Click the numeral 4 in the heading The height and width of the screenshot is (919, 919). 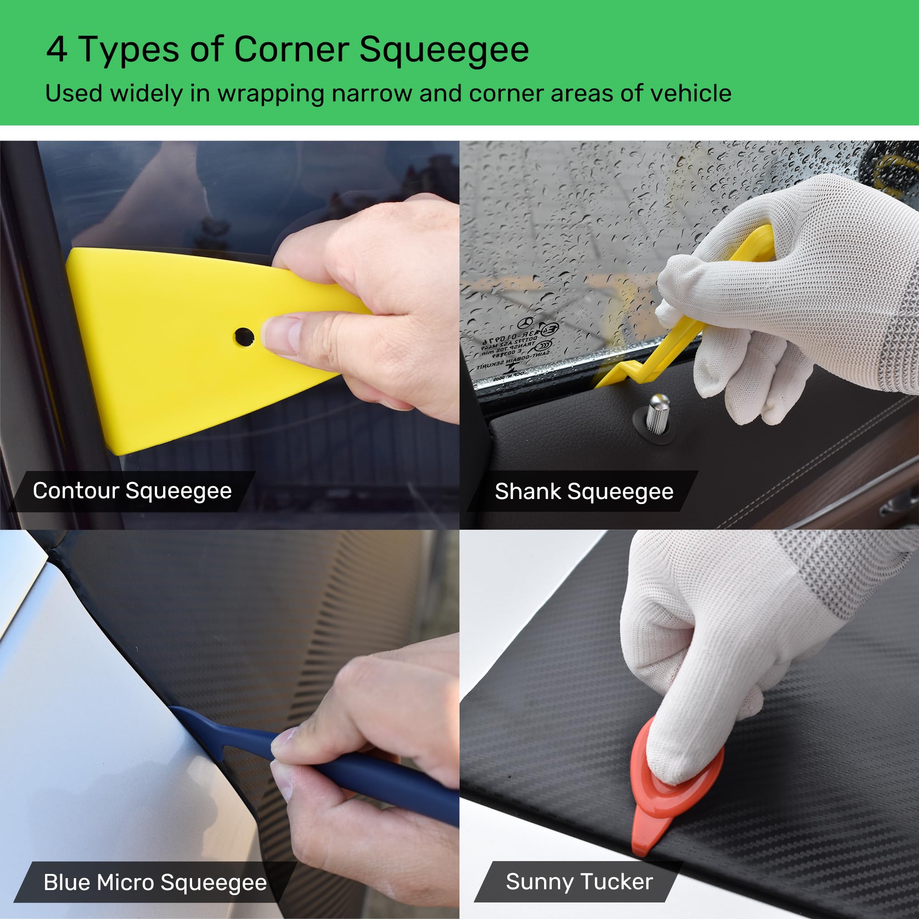[x=57, y=50]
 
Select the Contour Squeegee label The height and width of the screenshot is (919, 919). [x=132, y=491]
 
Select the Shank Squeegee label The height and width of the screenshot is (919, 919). [x=584, y=492]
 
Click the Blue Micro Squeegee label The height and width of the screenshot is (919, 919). [x=155, y=882]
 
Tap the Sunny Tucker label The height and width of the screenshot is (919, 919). [x=579, y=881]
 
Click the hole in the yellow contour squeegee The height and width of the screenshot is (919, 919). [x=244, y=337]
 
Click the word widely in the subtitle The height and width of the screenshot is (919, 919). [x=146, y=93]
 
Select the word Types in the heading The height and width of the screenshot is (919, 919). [x=129, y=50]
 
